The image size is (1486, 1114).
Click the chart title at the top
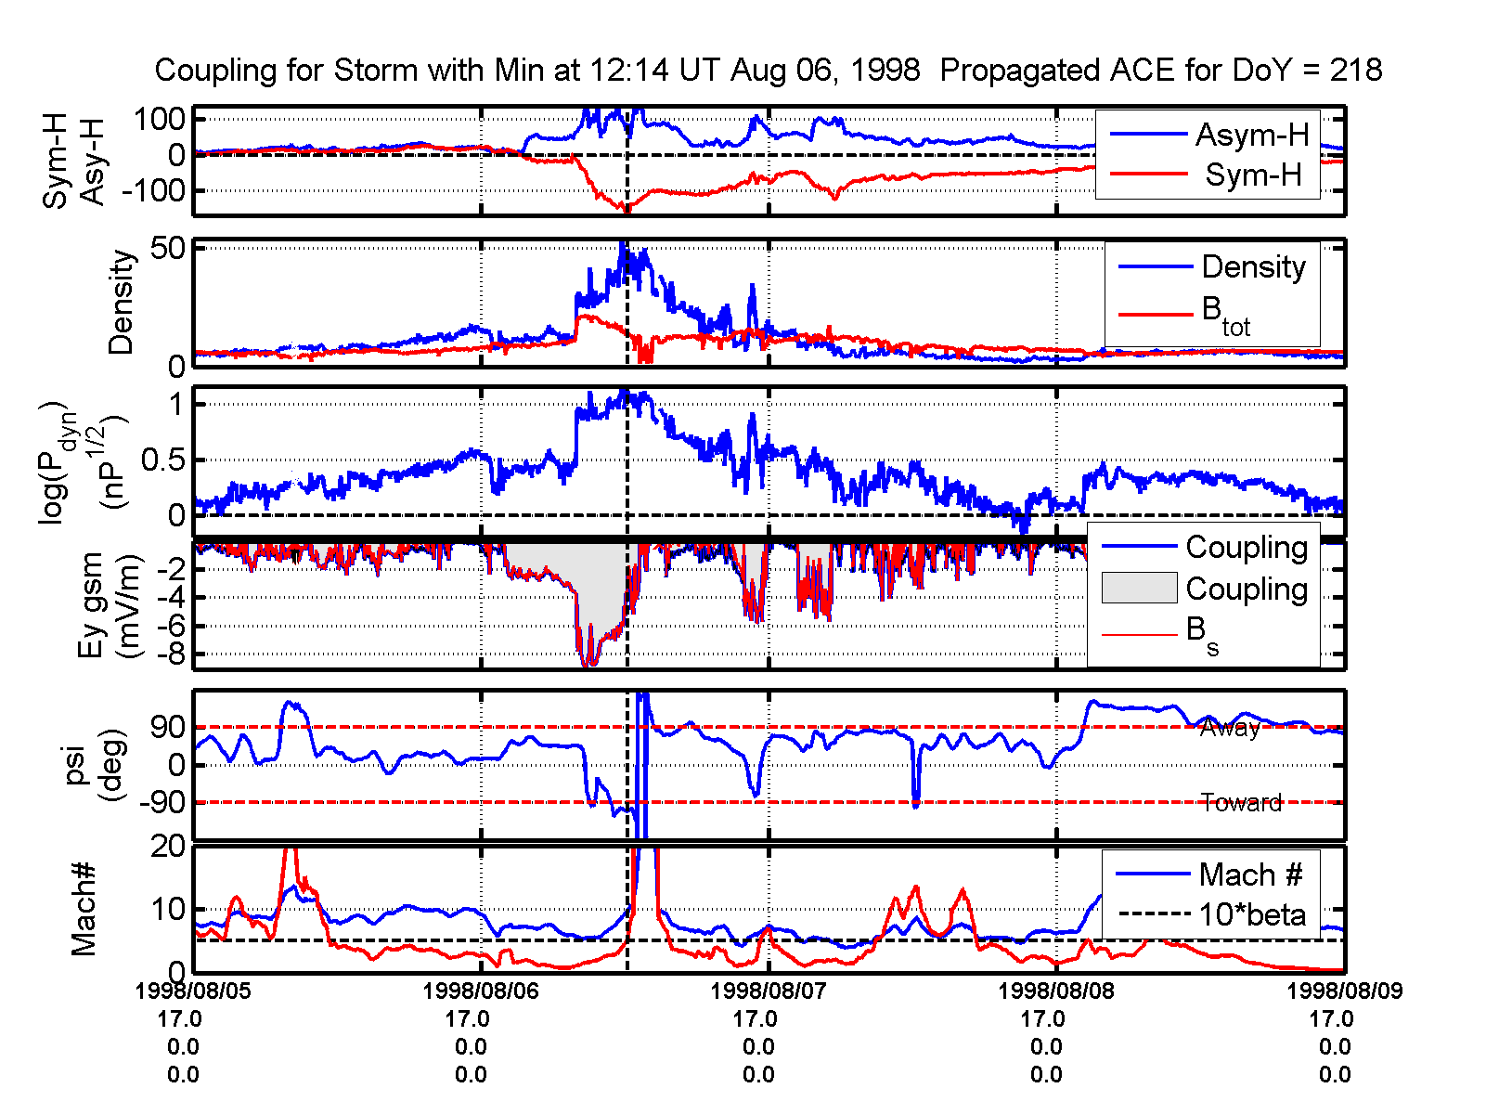click(x=768, y=71)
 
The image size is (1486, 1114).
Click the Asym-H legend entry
click(x=1251, y=136)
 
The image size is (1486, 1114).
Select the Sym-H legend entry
click(x=1253, y=175)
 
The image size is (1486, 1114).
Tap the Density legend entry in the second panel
click(x=1253, y=267)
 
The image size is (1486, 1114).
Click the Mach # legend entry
click(x=1250, y=874)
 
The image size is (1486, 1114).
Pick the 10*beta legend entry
click(x=1251, y=915)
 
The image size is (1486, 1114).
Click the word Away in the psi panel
click(x=1230, y=729)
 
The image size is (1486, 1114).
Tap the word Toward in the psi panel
click(x=1241, y=803)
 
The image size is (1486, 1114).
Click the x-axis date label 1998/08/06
click(x=480, y=991)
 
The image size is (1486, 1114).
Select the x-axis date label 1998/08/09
click(x=1344, y=991)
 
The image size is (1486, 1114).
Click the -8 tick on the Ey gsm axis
click(x=170, y=654)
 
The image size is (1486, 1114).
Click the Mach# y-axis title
click(x=84, y=909)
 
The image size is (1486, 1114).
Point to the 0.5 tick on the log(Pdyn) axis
click(x=164, y=460)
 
